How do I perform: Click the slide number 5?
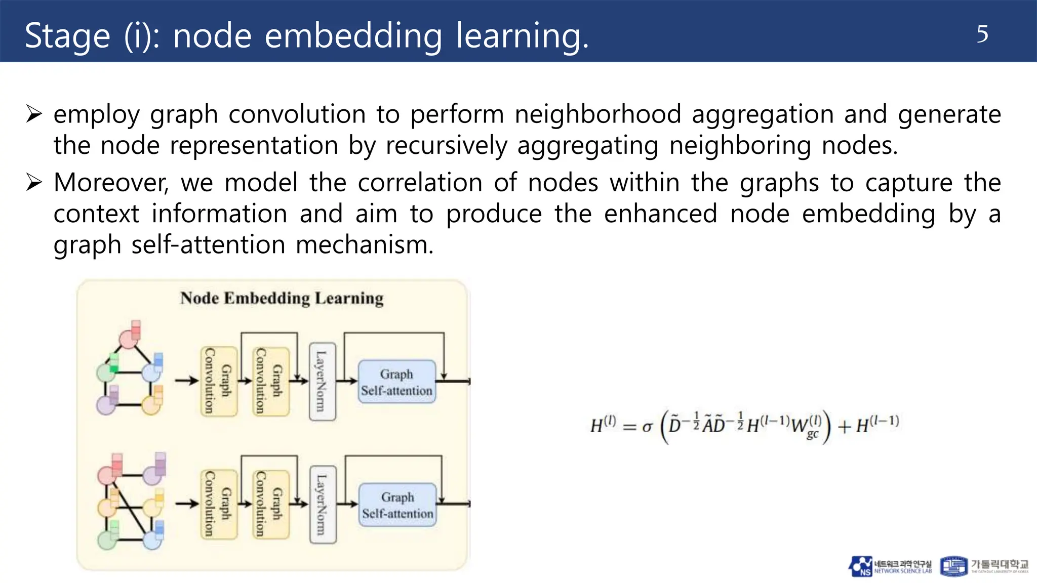982,34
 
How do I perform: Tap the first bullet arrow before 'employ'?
34,114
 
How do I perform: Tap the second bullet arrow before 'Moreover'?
34,182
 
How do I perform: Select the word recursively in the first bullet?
446,146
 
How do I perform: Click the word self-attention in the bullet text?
208,245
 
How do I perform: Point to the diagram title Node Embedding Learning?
282,298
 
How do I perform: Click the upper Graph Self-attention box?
396,382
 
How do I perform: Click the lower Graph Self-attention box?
397,505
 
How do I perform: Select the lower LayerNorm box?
322,505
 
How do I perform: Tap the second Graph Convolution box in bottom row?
270,505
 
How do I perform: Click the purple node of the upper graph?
106,405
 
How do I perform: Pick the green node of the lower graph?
107,539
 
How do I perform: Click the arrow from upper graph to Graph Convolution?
186,381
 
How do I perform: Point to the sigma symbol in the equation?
647,427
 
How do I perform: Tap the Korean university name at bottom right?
999,564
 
